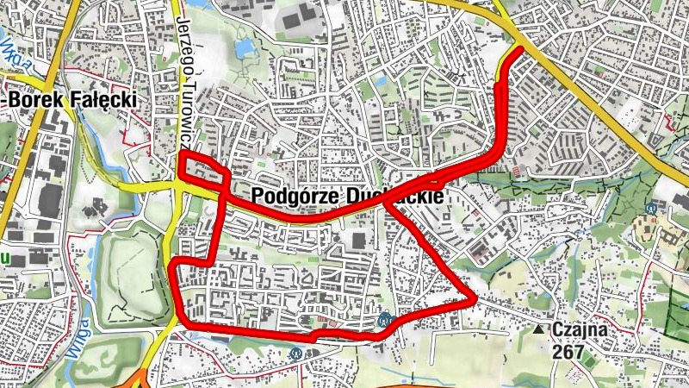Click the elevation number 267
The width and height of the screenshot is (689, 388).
568,352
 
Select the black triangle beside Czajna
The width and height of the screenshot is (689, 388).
538,329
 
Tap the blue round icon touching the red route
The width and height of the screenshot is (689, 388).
385,319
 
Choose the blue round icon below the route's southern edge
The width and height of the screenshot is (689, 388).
297,352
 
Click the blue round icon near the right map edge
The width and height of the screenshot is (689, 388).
652,207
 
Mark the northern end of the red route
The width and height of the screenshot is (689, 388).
521,50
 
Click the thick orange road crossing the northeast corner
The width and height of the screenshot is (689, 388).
603,103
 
